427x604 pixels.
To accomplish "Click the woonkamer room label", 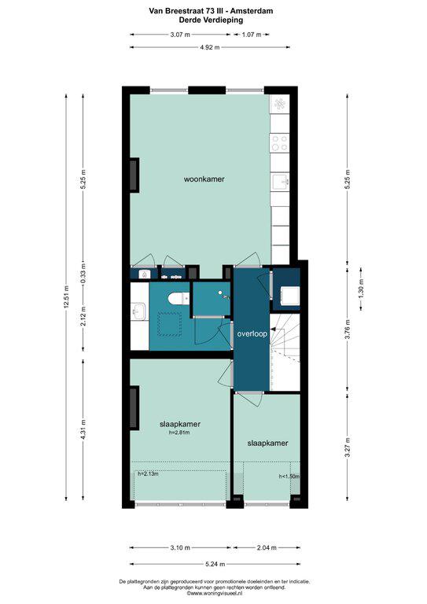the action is coord(204,179).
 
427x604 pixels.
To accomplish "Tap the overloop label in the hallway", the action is coord(252,334).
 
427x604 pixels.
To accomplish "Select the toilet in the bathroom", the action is coord(179,298).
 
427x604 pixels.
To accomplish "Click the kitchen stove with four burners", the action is coord(279,142).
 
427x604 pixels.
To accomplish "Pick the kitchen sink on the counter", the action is coord(280,182).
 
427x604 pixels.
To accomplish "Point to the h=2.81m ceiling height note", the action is coord(179,433).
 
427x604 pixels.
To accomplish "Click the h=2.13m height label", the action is coord(149,473).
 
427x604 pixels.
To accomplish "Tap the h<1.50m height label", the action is coord(289,477).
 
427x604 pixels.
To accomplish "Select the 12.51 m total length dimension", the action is coord(66,297).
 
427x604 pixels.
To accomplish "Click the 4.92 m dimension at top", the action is coord(210,47).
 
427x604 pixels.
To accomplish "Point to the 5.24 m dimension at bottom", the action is coord(215,565).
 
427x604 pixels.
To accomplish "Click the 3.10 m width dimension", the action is coord(180,547).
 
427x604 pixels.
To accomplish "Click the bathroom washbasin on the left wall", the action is coord(138,311).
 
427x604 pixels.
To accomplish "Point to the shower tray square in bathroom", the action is coord(170,324).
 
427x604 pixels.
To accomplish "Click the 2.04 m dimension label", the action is coord(267,547).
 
